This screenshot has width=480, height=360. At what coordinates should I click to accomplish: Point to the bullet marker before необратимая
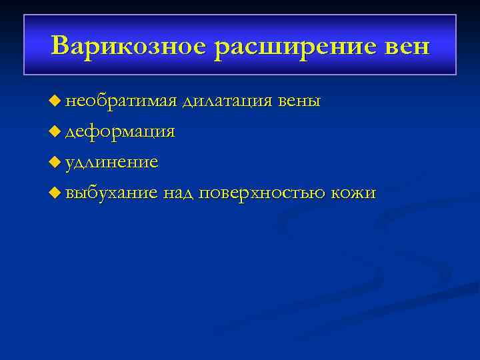point(55,101)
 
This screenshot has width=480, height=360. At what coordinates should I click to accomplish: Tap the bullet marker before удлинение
point(55,163)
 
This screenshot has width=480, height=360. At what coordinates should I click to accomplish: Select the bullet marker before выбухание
point(55,193)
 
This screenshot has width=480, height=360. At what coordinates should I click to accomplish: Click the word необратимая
point(121,101)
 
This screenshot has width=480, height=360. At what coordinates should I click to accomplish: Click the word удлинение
point(112,163)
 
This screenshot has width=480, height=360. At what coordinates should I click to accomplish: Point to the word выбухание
point(112,193)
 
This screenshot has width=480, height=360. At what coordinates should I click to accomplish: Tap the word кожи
point(354,193)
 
